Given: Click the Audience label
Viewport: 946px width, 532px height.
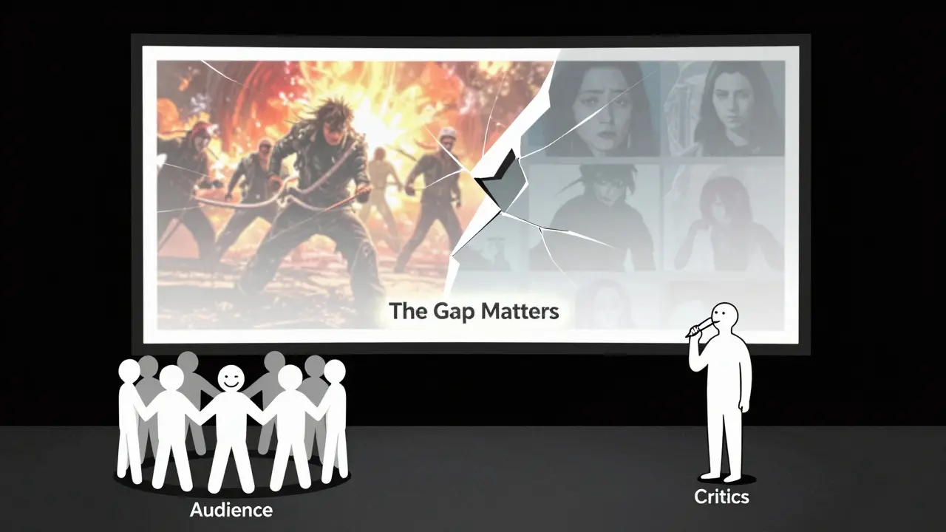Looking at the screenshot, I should coord(231,509).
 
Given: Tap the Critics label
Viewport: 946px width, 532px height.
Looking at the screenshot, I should coord(721,497).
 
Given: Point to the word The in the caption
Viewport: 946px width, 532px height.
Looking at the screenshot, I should coord(406,311).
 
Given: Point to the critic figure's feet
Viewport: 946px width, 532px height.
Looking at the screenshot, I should coord(721,475).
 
